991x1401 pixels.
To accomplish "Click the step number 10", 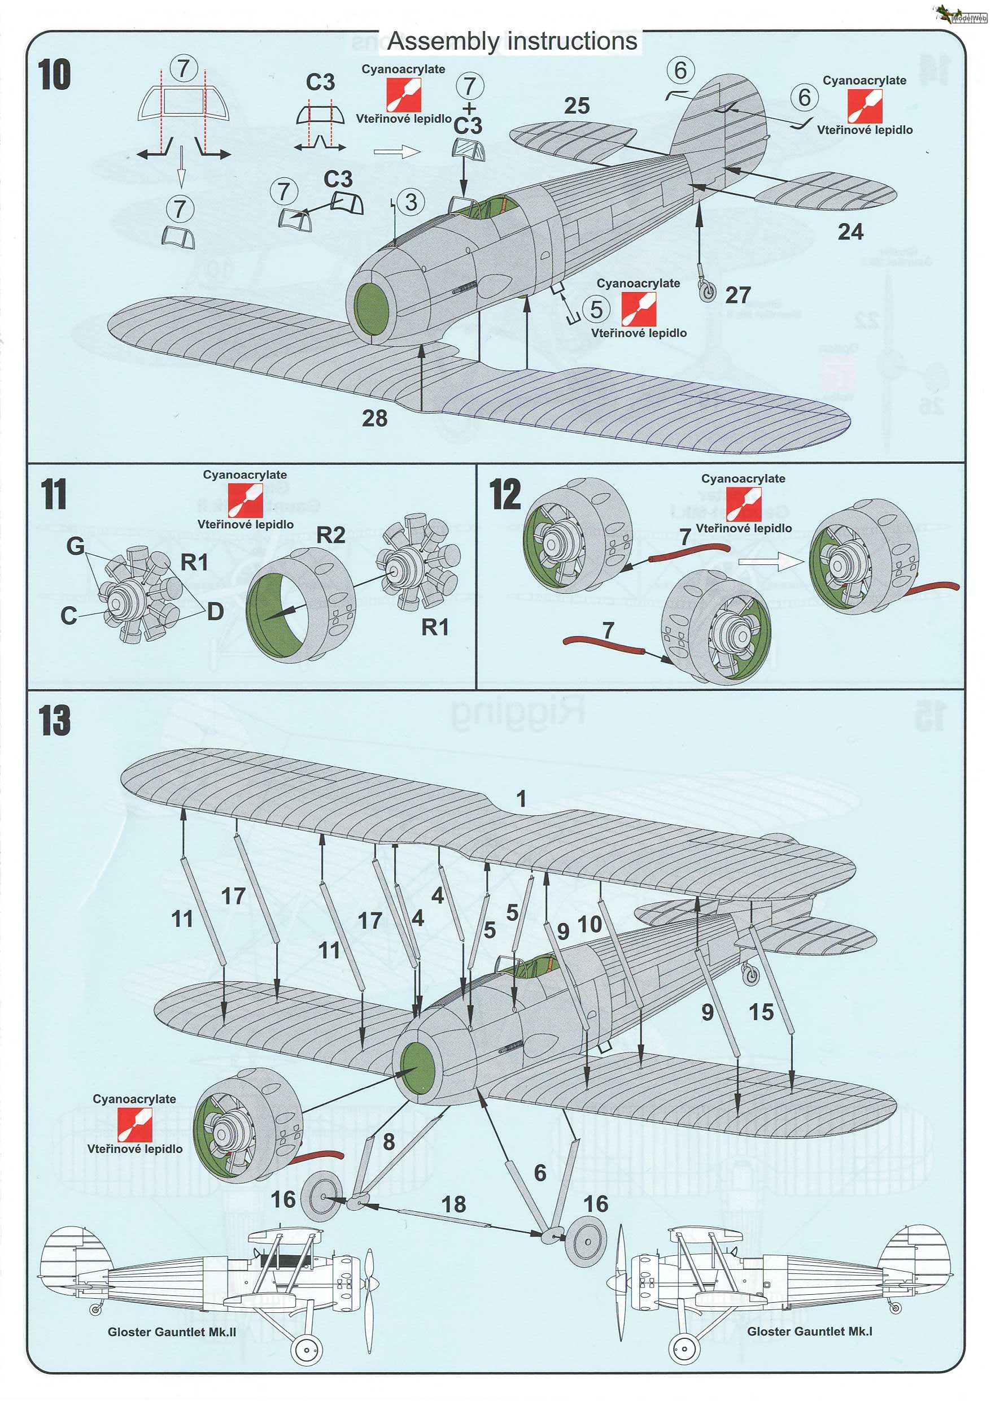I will pos(54,75).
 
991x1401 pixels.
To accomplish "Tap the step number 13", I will pos(54,720).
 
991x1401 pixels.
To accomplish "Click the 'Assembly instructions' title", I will pos(512,41).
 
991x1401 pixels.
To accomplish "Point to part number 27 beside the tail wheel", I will pos(738,295).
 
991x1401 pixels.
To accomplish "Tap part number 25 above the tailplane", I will pos(577,106).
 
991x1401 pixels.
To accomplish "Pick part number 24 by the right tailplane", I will pos(850,232).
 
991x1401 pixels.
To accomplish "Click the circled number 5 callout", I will pos(596,309).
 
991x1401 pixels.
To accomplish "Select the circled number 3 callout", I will pos(411,202).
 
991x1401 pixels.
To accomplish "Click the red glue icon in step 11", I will pos(245,500).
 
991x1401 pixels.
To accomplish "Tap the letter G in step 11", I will pos(76,546).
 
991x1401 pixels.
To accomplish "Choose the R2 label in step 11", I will pos(331,536).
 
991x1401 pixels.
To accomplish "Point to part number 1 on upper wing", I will pos(521,798).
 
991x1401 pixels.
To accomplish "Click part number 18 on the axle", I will pos(453,1204).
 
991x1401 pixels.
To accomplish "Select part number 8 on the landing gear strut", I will pos(388,1142).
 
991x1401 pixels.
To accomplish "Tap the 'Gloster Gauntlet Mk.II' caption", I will pos(172,1332).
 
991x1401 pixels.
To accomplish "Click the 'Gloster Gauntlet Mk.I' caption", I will pos(809,1332).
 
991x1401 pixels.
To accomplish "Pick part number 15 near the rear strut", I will pos(761,1012).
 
